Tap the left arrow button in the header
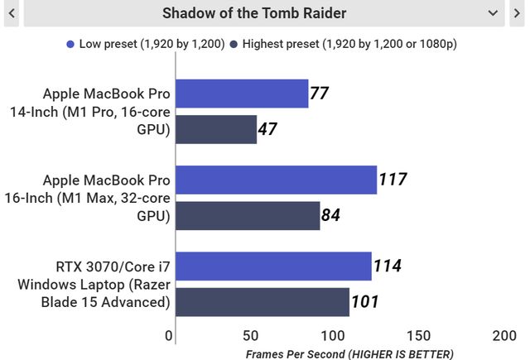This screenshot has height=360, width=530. (11, 13)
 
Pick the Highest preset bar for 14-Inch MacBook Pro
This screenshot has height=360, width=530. (216, 130)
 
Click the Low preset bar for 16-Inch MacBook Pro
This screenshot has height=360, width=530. (276, 180)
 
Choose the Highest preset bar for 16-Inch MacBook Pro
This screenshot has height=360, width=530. (248, 216)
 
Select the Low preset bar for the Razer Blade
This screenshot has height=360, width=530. (273, 266)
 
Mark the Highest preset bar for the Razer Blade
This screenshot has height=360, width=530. (262, 302)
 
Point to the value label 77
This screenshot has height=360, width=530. (320, 94)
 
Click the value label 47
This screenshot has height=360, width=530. (267, 130)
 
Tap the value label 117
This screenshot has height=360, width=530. (393, 180)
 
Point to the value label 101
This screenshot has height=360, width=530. (365, 302)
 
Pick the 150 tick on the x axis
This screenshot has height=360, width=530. (419, 336)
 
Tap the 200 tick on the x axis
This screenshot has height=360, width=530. (503, 336)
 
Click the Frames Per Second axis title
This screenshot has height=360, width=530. (349, 353)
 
